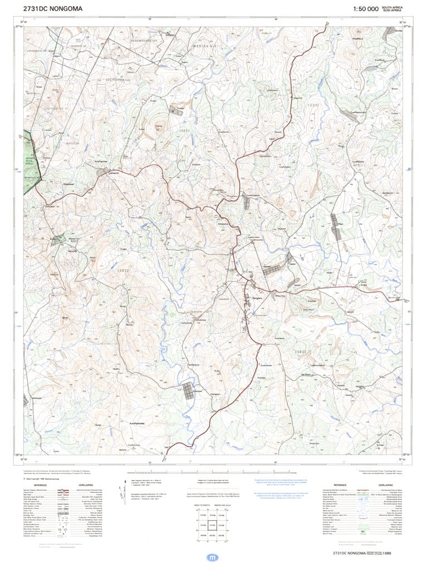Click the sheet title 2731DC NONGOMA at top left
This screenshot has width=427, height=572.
(53, 9)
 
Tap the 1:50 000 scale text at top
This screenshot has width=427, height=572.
(365, 9)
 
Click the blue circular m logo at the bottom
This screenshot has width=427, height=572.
(213, 558)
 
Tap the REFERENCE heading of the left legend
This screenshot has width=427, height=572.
(41, 486)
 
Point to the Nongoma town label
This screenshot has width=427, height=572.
(257, 299)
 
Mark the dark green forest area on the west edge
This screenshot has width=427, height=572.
(31, 167)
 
